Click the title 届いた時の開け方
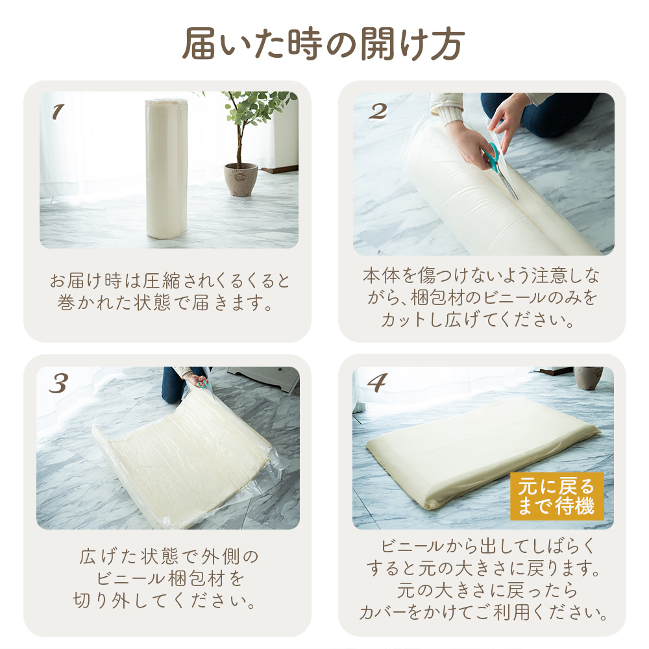pos(324,44)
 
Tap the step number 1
pos(58,112)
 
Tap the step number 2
pos(378,112)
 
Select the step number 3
pos(58,384)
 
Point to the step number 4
pos(377,383)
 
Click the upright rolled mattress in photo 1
pos(166,169)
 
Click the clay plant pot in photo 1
pos(241,179)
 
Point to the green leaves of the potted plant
pos(259,108)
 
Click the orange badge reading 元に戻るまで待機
pos(557,496)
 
